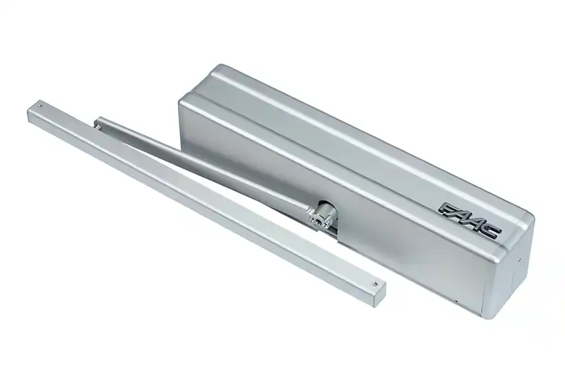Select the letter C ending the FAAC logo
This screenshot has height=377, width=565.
[492, 232]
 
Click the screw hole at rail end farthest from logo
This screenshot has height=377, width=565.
[40, 106]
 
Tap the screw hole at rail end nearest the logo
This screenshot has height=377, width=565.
[375, 284]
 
